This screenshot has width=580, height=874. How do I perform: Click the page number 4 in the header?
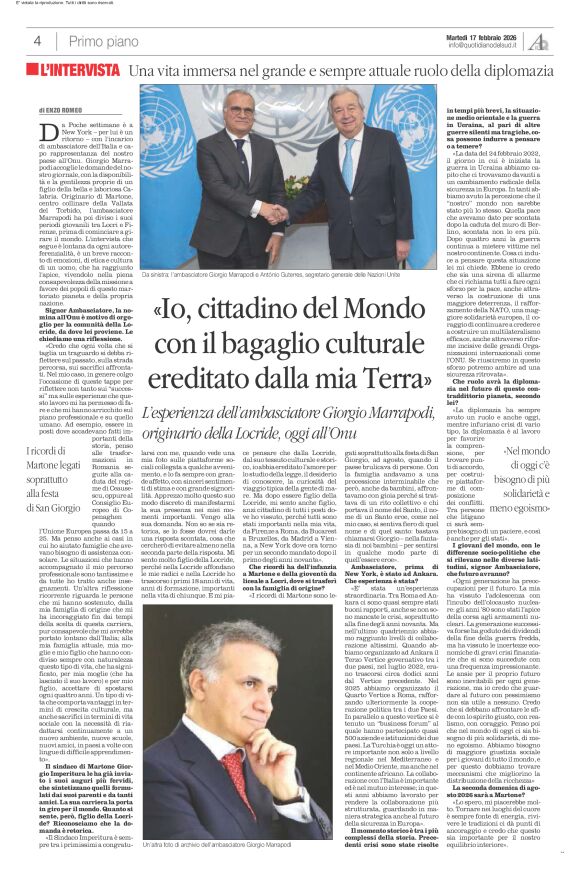pyautogui.click(x=37, y=41)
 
